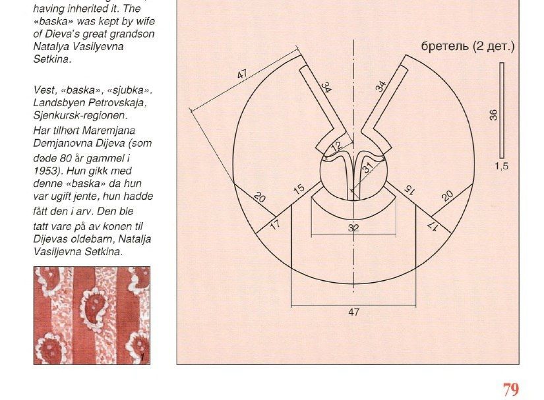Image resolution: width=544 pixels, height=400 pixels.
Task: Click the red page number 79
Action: (510, 389)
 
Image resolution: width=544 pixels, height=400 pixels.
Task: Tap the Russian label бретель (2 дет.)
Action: (468, 46)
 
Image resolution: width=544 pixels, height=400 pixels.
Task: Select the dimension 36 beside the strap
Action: (493, 115)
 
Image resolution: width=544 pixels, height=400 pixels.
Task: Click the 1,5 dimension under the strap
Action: (501, 166)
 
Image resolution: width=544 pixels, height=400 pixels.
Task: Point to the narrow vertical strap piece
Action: (502, 110)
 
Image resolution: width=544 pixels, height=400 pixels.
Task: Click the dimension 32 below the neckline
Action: (353, 228)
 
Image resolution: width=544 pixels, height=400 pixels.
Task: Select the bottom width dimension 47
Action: (353, 312)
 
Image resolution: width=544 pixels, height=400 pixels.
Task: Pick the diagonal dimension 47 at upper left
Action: (242, 74)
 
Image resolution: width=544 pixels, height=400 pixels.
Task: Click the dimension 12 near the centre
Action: (336, 146)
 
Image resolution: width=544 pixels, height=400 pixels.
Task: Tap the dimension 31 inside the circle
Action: (368, 167)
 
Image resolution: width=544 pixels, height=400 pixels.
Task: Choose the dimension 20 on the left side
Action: (260, 197)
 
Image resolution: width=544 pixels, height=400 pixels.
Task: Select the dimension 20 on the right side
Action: (447, 196)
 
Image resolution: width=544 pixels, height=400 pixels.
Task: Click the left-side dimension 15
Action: (299, 189)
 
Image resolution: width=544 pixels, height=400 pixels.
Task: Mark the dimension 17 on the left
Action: (275, 225)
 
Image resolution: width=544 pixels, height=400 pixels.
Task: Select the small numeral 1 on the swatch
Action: (142, 357)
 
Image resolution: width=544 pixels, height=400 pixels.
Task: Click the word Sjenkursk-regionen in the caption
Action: (80, 115)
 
